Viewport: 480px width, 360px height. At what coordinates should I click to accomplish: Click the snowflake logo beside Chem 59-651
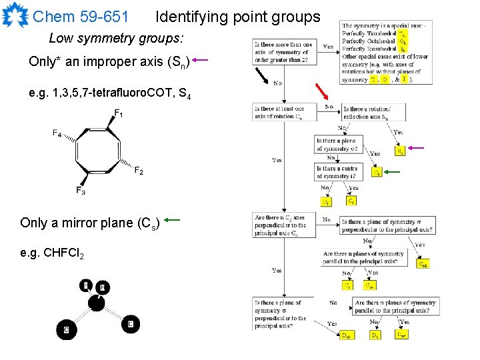click(x=15, y=15)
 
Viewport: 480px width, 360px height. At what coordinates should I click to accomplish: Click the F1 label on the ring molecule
click(x=118, y=113)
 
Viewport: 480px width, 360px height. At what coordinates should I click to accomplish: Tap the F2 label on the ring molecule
click(x=138, y=171)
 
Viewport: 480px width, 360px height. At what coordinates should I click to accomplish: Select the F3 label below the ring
click(x=80, y=192)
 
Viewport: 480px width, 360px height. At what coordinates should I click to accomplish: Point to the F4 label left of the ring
click(x=58, y=133)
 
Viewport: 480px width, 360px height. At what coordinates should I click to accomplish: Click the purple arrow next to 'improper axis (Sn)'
click(x=201, y=61)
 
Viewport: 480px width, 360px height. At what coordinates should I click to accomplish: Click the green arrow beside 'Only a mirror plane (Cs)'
click(x=173, y=219)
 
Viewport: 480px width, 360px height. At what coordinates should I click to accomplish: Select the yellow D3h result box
click(x=347, y=335)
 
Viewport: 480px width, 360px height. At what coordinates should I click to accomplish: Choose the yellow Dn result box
click(x=376, y=335)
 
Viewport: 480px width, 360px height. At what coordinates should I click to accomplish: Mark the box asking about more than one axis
click(x=281, y=51)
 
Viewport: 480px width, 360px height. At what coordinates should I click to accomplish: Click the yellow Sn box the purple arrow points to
click(x=399, y=151)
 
